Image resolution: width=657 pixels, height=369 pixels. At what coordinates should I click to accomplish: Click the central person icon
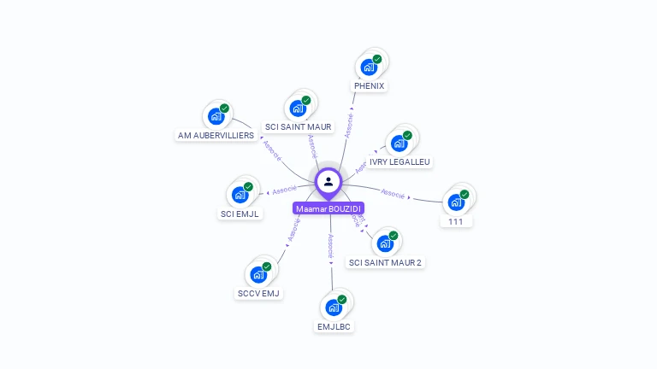click(328, 181)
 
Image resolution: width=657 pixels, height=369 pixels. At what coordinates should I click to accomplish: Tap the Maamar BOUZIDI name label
click(328, 208)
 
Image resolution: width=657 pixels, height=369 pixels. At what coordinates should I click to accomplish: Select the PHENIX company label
click(370, 86)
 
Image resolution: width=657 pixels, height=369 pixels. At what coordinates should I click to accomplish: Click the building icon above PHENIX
click(369, 67)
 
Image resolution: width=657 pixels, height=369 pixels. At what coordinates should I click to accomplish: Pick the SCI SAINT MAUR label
click(298, 127)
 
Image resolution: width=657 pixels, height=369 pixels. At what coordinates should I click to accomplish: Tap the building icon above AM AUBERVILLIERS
click(216, 116)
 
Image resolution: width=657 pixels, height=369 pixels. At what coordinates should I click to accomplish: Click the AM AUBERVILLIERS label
click(216, 136)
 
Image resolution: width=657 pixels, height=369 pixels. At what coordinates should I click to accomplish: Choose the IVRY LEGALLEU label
click(400, 161)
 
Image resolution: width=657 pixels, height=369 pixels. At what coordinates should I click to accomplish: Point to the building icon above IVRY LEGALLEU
click(399, 143)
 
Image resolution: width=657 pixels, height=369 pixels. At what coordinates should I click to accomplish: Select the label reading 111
click(456, 221)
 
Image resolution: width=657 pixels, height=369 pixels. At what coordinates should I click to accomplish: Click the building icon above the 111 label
click(456, 202)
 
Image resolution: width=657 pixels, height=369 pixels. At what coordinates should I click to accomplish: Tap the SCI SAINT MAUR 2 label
click(385, 262)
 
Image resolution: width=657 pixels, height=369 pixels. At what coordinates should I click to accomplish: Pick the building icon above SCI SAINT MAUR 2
click(385, 243)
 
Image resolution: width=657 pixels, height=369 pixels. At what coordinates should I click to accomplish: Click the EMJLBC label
click(334, 326)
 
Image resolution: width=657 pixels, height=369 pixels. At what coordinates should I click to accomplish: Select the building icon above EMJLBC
click(334, 307)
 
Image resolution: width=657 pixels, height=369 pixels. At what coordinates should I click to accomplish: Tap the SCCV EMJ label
click(258, 294)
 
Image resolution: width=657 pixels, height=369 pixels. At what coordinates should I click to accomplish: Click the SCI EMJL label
click(240, 214)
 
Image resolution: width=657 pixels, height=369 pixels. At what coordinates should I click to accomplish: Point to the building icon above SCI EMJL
click(240, 194)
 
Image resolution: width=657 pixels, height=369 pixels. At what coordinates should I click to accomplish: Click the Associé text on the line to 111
click(394, 194)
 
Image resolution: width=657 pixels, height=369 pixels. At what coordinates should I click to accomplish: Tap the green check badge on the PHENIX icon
click(377, 59)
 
